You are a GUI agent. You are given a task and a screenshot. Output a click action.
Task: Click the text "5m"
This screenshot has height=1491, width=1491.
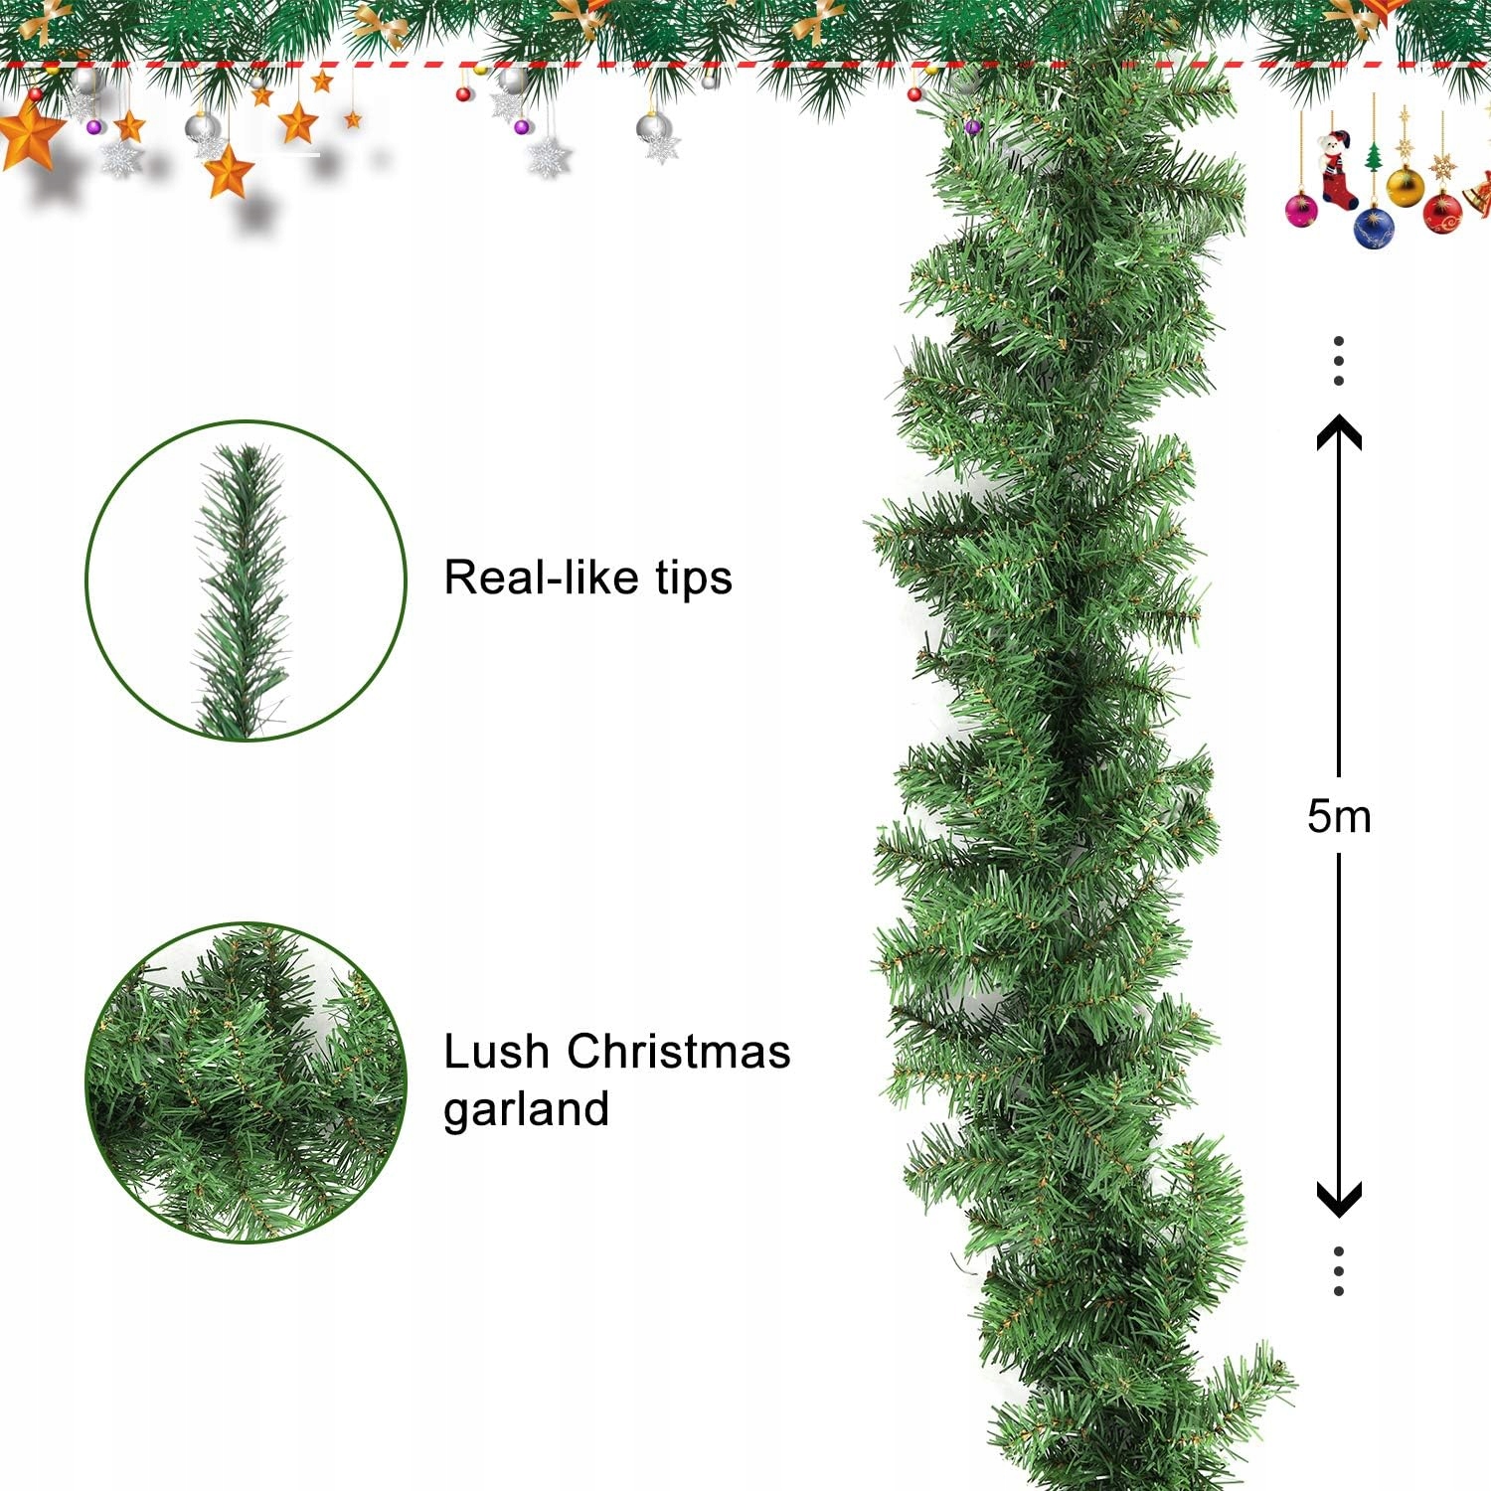pyautogui.click(x=1339, y=816)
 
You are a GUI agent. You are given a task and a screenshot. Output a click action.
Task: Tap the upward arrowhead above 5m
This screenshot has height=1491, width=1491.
pyautogui.click(x=1339, y=429)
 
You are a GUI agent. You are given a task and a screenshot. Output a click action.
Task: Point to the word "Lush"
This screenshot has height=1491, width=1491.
pyautogui.click(x=496, y=1052)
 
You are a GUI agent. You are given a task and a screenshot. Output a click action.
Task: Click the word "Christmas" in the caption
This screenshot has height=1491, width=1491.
pyautogui.click(x=679, y=1052)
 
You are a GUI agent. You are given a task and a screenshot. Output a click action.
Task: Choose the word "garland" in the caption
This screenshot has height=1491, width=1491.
pyautogui.click(x=526, y=1109)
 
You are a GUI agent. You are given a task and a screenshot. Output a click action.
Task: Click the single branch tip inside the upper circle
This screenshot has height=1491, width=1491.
pyautogui.click(x=244, y=586)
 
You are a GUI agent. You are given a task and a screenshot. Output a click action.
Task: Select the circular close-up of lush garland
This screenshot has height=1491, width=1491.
pyautogui.click(x=246, y=1083)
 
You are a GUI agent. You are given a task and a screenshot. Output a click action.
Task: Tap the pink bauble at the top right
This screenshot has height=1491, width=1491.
pyautogui.click(x=1301, y=210)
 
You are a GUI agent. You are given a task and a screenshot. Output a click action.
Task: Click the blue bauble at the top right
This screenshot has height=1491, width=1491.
pyautogui.click(x=1374, y=227)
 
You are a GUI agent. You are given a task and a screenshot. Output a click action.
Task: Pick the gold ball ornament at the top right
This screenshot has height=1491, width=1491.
pyautogui.click(x=1405, y=186)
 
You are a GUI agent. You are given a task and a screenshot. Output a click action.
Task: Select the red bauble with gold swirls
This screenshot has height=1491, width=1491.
pyautogui.click(x=1442, y=211)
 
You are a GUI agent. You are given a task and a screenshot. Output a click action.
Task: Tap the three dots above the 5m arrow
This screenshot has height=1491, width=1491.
pyautogui.click(x=1339, y=360)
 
